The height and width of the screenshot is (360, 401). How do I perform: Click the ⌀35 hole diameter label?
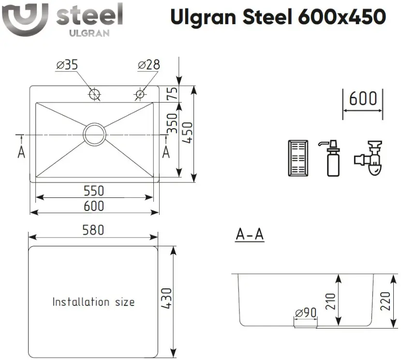click(67, 65)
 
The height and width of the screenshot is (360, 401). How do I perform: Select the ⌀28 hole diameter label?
click(149, 65)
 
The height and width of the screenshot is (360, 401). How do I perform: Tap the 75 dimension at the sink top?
click(172, 93)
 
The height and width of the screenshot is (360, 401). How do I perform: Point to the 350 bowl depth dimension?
click(172, 123)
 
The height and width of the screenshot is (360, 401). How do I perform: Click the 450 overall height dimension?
click(188, 133)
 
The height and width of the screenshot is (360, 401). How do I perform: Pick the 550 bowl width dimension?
click(94, 191)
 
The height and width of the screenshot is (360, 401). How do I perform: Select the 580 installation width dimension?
click(93, 230)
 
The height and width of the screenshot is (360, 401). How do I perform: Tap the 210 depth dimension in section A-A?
click(330, 301)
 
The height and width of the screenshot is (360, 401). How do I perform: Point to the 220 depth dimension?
click(385, 301)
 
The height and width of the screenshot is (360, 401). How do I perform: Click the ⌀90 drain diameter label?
click(306, 313)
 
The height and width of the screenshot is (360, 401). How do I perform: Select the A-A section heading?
click(250, 234)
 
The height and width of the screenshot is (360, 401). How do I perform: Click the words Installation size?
click(93, 302)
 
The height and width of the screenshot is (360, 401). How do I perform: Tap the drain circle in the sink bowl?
click(94, 123)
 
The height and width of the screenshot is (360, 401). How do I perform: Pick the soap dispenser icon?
click(333, 158)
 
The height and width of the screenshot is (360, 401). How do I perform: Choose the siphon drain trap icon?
click(369, 158)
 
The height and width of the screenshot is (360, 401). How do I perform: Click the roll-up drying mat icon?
click(298, 158)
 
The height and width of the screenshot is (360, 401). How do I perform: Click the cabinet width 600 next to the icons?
click(363, 99)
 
